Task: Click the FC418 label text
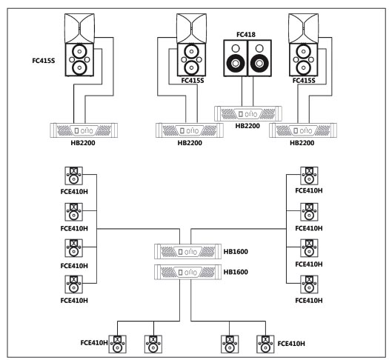click(x=246, y=35)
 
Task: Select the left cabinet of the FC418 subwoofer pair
click(x=236, y=58)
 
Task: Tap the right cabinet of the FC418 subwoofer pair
click(x=259, y=58)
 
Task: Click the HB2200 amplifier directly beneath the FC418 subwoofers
click(x=247, y=114)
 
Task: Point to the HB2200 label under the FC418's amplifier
click(x=247, y=126)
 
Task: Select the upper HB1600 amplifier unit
click(x=187, y=252)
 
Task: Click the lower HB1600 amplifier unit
click(x=187, y=273)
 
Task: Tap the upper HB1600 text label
click(x=236, y=252)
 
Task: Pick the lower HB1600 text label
click(x=236, y=272)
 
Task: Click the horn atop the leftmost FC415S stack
click(x=79, y=28)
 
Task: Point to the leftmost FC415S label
click(x=44, y=61)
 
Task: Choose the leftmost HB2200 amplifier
click(x=84, y=130)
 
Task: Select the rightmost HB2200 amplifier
click(x=303, y=130)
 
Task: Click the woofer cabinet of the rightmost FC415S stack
click(x=303, y=60)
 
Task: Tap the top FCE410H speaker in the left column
click(x=73, y=176)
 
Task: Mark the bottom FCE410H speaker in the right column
click(x=309, y=284)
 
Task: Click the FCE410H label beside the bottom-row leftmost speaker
click(x=94, y=343)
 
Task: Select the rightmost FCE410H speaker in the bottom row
click(x=265, y=344)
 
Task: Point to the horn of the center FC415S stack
click(x=191, y=28)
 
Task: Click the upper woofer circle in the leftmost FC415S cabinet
click(x=79, y=52)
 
